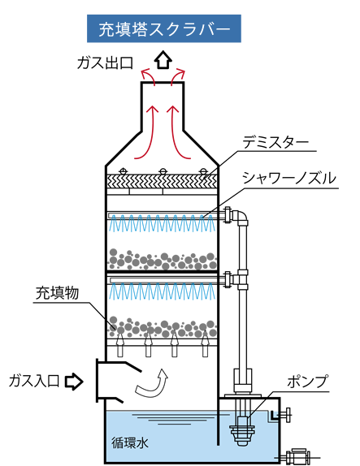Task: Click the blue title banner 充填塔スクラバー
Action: (x=164, y=28)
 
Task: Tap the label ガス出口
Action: (x=105, y=63)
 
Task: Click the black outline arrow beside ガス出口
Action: (x=163, y=60)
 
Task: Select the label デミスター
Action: (x=275, y=143)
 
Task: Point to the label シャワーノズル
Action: (x=288, y=179)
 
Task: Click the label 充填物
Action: (x=57, y=293)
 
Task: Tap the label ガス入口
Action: (x=34, y=381)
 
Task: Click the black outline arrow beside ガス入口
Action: (x=74, y=382)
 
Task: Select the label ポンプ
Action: (x=307, y=382)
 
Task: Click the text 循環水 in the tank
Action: (x=130, y=442)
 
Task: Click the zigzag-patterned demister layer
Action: (x=163, y=181)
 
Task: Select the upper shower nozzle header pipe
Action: (x=166, y=215)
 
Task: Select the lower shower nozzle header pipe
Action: (x=166, y=280)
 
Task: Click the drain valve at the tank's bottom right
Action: (x=297, y=457)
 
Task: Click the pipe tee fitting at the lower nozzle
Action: (x=242, y=279)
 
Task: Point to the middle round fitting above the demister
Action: (x=163, y=171)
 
